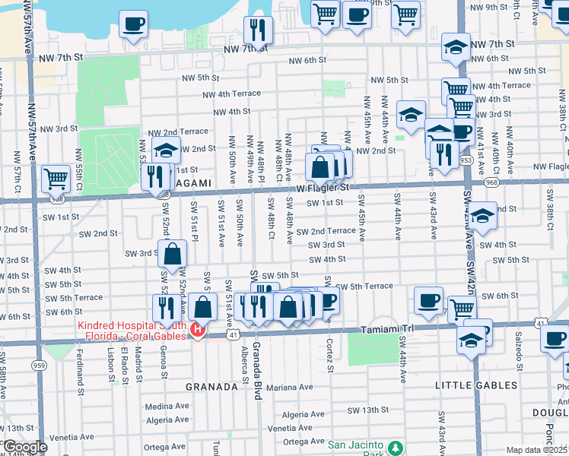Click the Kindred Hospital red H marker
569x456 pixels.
pyautogui.click(x=198, y=329)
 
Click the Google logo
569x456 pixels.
pyautogui.click(x=25, y=447)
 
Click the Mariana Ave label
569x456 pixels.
pyautogui.click(x=289, y=387)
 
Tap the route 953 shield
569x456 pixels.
pyautogui.click(x=466, y=161)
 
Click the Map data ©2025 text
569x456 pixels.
pyautogui.click(x=537, y=450)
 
